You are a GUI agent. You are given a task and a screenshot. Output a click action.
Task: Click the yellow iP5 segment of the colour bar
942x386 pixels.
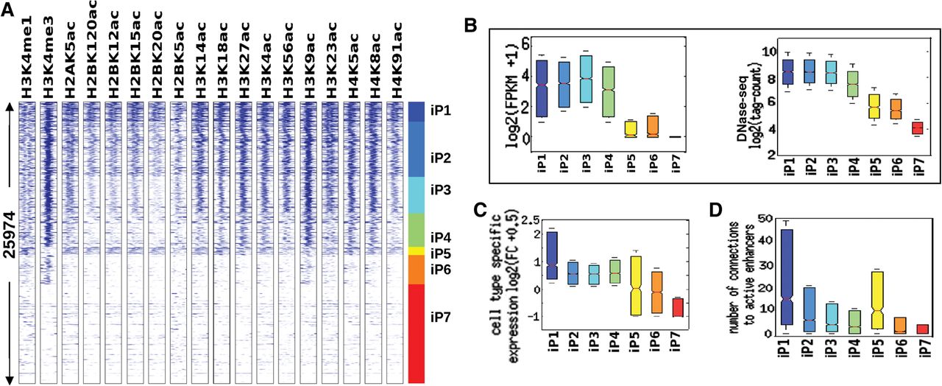416,251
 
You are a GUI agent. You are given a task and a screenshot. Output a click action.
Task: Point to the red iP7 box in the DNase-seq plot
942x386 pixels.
914,128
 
